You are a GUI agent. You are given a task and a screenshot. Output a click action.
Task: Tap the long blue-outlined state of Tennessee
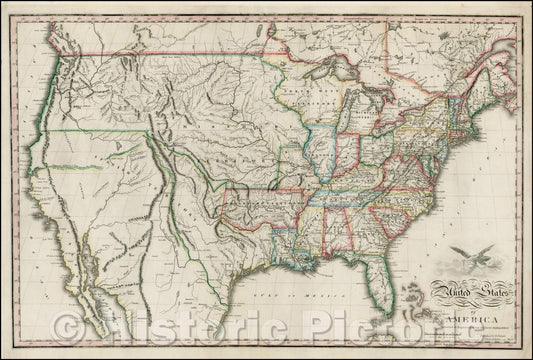(x=345, y=186)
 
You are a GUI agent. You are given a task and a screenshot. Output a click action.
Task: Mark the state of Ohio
(x=369, y=145)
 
